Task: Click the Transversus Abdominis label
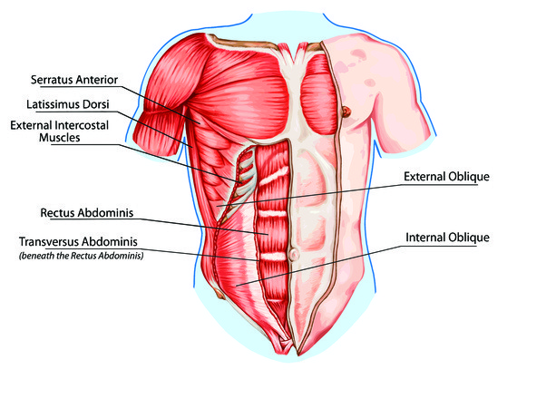(x=81, y=242)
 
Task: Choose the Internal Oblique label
(x=447, y=238)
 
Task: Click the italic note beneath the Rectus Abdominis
(x=81, y=256)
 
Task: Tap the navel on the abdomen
(x=292, y=257)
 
